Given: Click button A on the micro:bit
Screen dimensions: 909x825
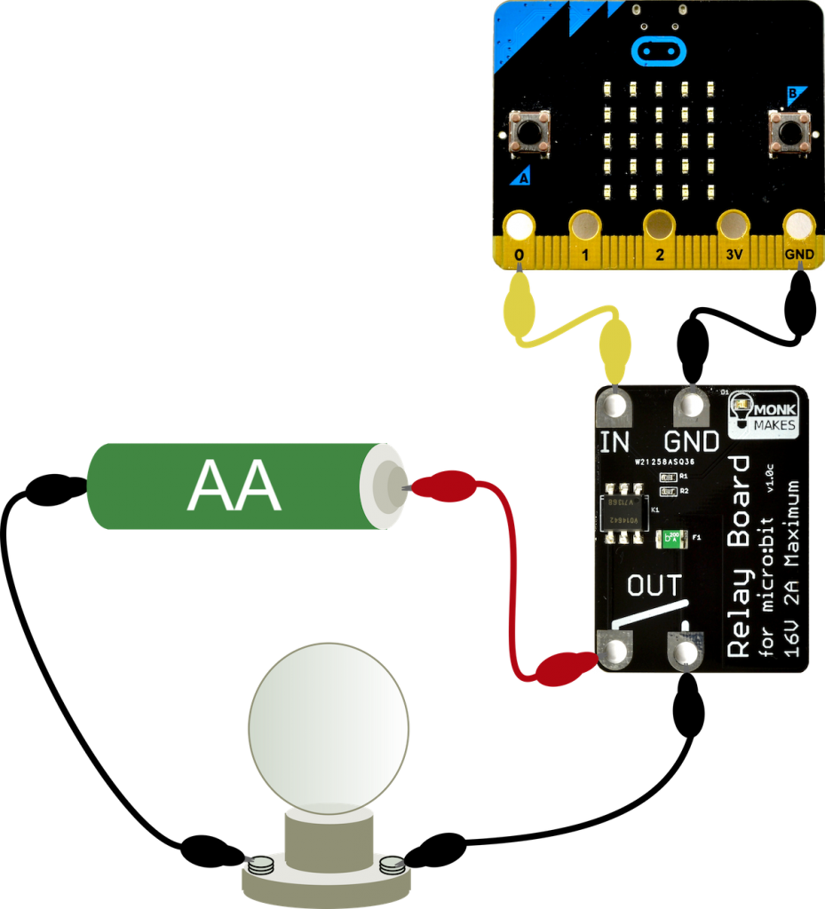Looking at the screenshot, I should pos(529,133).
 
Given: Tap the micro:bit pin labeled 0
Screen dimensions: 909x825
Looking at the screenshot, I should pos(519,228).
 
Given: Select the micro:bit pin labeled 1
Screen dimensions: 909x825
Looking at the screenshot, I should pos(585,228).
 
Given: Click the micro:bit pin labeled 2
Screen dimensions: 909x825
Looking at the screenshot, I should pos(659,228).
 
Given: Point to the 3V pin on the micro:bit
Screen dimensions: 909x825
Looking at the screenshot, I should pos(733,228).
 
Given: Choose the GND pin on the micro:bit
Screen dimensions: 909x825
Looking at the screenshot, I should pos(798,228).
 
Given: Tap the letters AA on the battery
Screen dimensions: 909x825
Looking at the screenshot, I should pos(235,486).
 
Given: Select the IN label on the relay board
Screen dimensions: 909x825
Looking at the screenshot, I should pos(615,441).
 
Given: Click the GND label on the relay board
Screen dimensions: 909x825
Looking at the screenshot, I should pos(692,441).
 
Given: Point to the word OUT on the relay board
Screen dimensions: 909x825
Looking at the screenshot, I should pos(654,586).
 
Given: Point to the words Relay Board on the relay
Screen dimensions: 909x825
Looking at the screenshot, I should pos(739,557).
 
